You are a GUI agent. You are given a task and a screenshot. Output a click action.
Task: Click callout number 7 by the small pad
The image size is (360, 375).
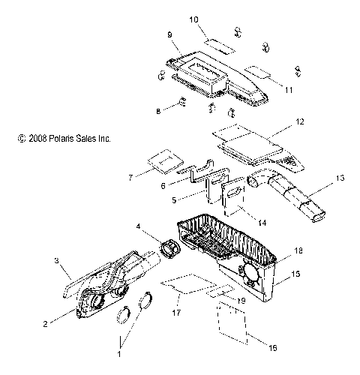(130, 178)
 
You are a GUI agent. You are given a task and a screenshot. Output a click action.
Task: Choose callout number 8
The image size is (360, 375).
(157, 110)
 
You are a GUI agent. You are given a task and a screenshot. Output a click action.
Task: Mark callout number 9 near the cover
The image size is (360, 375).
(170, 35)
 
